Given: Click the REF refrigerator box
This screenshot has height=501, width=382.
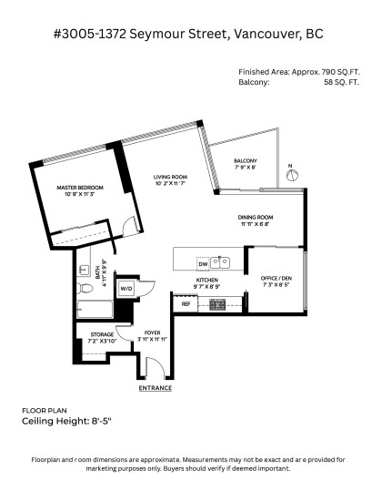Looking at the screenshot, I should [x=186, y=304].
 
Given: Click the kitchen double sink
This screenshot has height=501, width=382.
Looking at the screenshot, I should [x=221, y=262].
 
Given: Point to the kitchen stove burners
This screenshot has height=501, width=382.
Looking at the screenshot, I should [x=218, y=304].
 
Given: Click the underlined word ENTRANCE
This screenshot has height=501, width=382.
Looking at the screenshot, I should [x=156, y=387].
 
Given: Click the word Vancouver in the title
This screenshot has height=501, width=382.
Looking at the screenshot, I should [x=266, y=34].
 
